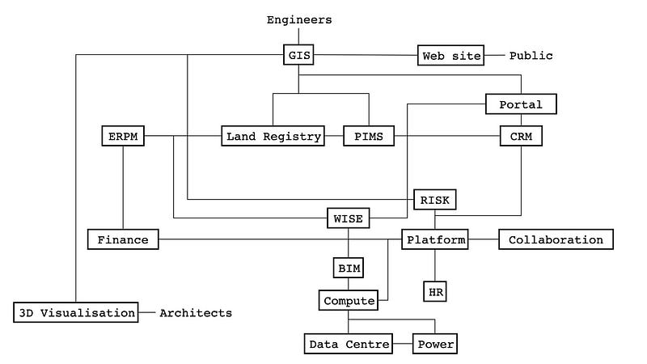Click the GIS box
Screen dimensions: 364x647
click(x=298, y=56)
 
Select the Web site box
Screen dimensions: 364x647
click(x=451, y=56)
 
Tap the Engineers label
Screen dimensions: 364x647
click(x=298, y=19)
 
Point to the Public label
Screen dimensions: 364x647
click(x=531, y=56)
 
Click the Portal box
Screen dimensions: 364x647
click(x=521, y=104)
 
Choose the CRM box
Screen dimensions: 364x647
click(x=521, y=137)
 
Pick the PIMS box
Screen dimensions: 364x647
click(x=368, y=137)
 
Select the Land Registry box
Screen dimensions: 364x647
click(x=273, y=137)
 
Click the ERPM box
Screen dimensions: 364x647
click(x=123, y=137)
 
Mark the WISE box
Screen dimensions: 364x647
click(x=349, y=218)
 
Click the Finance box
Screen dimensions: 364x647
click(x=123, y=239)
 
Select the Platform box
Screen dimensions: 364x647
click(x=436, y=239)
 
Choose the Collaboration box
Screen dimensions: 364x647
click(x=556, y=239)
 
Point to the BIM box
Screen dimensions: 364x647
click(x=349, y=267)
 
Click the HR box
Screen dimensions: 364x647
click(x=435, y=290)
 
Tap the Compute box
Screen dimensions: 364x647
click(x=349, y=301)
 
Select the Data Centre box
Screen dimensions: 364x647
click(x=348, y=345)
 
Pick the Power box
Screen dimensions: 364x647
click(x=436, y=345)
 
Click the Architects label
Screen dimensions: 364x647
click(x=196, y=312)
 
